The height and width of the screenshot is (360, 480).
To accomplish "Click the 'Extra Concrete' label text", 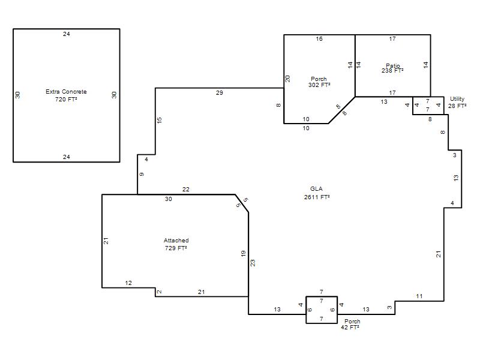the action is pos(66,92).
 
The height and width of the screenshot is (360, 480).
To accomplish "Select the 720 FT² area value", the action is pos(66,99).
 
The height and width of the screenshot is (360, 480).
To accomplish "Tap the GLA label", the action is pos(316,189).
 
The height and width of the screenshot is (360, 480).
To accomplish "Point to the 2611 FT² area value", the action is pos(317,197).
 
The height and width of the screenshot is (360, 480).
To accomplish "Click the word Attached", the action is pos(176,241).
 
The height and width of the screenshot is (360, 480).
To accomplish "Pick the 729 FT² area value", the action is pos(176,248).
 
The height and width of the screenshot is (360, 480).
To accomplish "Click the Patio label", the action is pos(393,65).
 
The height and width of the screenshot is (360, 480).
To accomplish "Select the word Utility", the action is pos(457,99).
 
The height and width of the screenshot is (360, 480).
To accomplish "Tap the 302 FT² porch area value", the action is pos(319,85).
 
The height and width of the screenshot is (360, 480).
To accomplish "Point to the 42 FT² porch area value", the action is pos(350,327).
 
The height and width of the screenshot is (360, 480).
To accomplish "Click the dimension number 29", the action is pos(220,93).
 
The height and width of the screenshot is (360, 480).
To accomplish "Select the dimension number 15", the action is pos(159,121).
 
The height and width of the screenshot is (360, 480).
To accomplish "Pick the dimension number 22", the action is pos(186,190).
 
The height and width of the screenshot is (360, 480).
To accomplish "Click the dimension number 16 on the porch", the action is pos(319,39).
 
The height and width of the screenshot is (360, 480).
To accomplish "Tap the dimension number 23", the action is pos(253,263).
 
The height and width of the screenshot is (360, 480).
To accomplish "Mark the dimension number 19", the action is pos(244,254).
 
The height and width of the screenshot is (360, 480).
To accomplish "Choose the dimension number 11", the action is pos(419,296).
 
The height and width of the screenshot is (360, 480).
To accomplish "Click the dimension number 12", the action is pos(128,283).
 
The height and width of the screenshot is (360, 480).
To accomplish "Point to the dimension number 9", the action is pos(142,174).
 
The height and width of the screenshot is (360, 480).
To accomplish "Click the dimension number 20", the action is pos(287,79).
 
